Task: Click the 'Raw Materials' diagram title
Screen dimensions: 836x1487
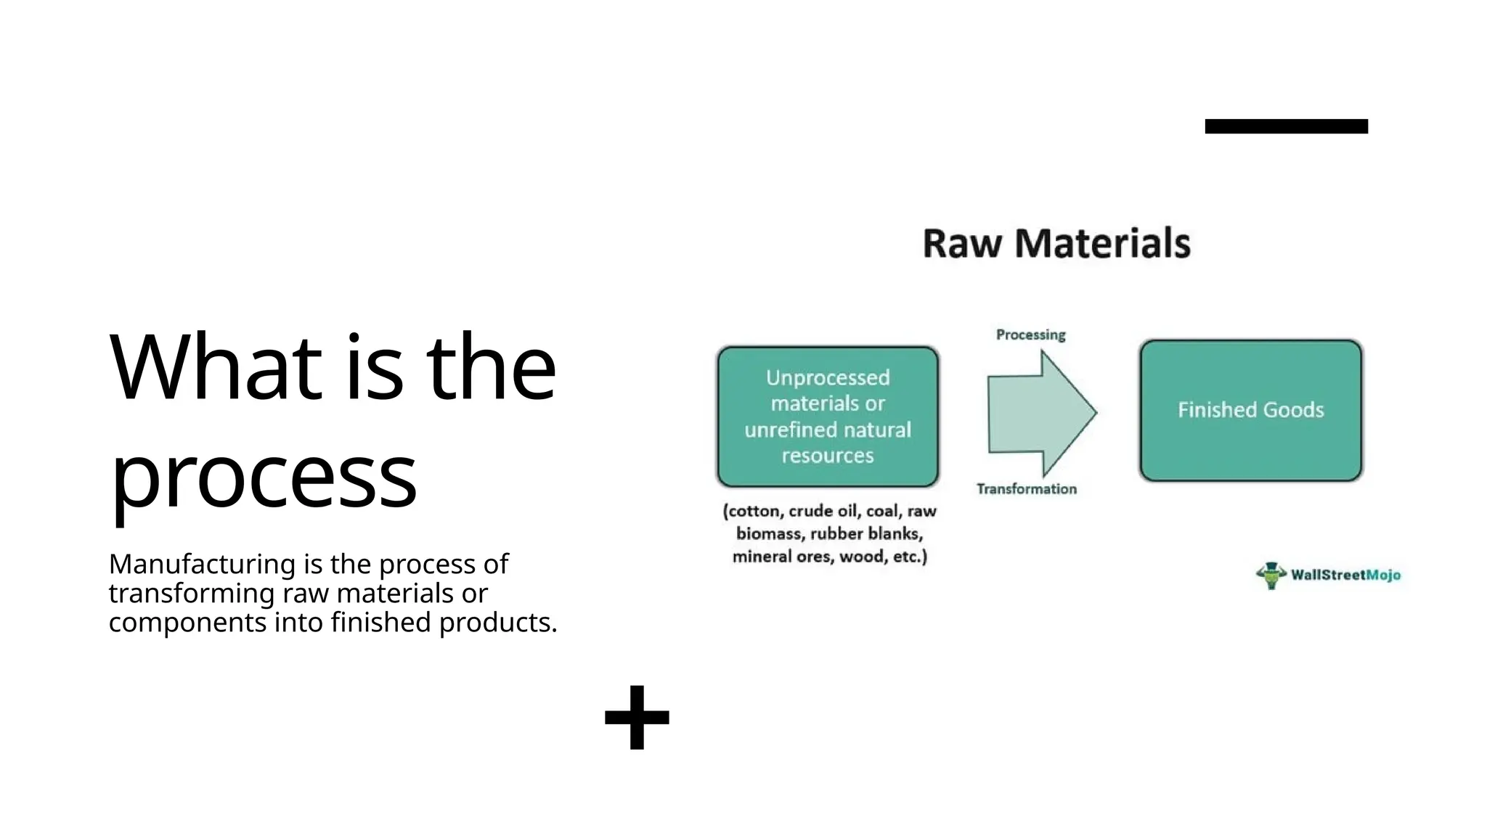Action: (1056, 243)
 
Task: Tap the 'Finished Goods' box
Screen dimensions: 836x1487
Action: (1250, 410)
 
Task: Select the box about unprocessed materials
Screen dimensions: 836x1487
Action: (828, 417)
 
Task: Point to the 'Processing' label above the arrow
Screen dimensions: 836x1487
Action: (1030, 335)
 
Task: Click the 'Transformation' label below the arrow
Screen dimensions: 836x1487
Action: (1026, 489)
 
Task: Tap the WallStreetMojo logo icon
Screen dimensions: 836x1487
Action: (1271, 575)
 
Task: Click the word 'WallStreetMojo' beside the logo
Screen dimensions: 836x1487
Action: (1345, 575)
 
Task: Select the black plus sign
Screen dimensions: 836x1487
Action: (637, 717)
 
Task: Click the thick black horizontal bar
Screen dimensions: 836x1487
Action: (1286, 126)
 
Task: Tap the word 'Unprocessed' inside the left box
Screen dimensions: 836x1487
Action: (828, 377)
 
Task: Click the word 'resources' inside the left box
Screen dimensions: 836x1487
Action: (828, 456)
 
